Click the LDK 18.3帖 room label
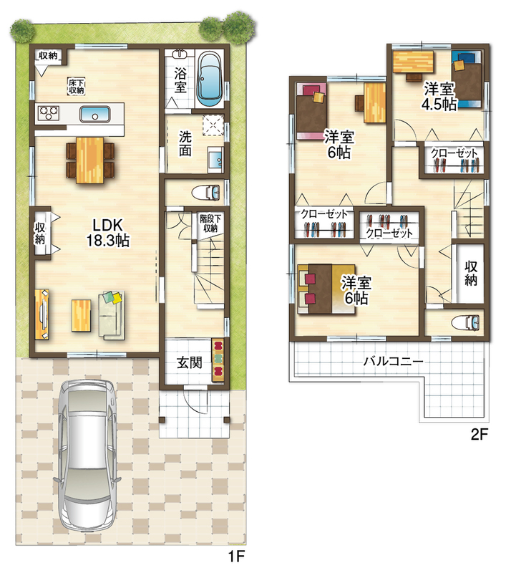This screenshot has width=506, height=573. (107, 233)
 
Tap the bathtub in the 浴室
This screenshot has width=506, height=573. (210, 78)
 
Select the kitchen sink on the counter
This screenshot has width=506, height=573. (95, 115)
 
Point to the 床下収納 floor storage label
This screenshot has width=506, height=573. (77, 86)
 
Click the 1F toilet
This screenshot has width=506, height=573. (205, 193)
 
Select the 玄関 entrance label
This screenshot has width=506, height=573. (190, 362)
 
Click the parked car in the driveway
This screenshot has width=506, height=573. (87, 458)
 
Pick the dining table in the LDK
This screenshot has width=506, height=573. (89, 160)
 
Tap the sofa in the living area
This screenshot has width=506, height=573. (112, 315)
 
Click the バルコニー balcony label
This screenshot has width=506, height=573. (393, 362)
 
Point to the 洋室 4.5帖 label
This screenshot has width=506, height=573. (439, 97)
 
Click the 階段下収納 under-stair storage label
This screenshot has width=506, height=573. (210, 223)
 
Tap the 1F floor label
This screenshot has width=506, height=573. (236, 557)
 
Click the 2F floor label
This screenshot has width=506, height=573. (479, 434)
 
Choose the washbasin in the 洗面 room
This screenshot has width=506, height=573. (215, 159)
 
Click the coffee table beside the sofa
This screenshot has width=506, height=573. (81, 315)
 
